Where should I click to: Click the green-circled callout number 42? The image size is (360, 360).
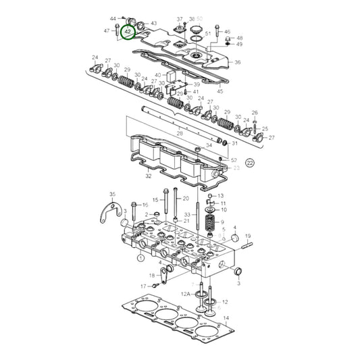click(128, 31)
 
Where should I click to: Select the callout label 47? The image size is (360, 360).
click(107, 31)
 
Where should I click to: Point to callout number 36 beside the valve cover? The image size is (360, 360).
click(237, 62)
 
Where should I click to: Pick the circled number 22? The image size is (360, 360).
click(251, 163)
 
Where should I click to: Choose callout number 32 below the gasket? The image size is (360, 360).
click(148, 177)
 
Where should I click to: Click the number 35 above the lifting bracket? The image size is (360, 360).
click(112, 194)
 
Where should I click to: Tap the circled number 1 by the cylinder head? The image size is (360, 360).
click(140, 257)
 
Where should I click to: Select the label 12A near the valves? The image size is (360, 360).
click(185, 294)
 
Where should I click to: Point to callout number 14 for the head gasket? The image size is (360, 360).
click(226, 317)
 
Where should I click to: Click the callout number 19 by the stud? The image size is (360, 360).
click(248, 236)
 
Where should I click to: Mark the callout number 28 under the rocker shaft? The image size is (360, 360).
click(180, 134)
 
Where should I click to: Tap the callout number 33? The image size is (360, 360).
click(187, 215)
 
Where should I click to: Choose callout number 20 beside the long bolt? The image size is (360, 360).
click(186, 199)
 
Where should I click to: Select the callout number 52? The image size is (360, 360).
click(234, 160)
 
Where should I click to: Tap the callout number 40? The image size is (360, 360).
click(158, 75)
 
